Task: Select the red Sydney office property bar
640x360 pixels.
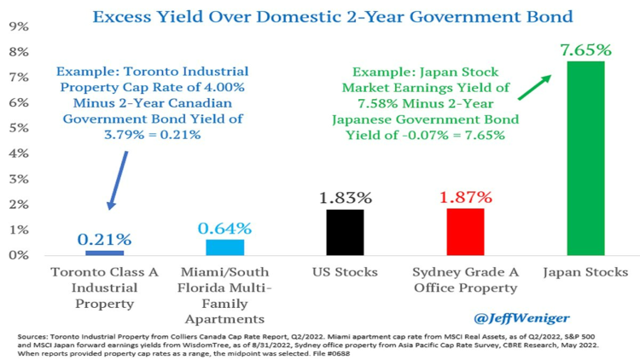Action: click(x=465, y=231)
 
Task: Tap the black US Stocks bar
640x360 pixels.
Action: click(x=345, y=232)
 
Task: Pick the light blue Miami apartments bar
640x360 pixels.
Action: click(x=224, y=247)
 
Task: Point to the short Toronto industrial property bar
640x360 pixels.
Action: click(x=104, y=253)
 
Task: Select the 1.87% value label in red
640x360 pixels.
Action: click(x=465, y=196)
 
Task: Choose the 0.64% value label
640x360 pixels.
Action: click(x=224, y=229)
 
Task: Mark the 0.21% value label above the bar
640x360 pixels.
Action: click(x=104, y=240)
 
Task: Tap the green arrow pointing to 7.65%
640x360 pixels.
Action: click(x=532, y=88)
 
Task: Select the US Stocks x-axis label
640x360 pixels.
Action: click(x=345, y=272)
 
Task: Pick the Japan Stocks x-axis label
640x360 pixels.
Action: click(x=585, y=272)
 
